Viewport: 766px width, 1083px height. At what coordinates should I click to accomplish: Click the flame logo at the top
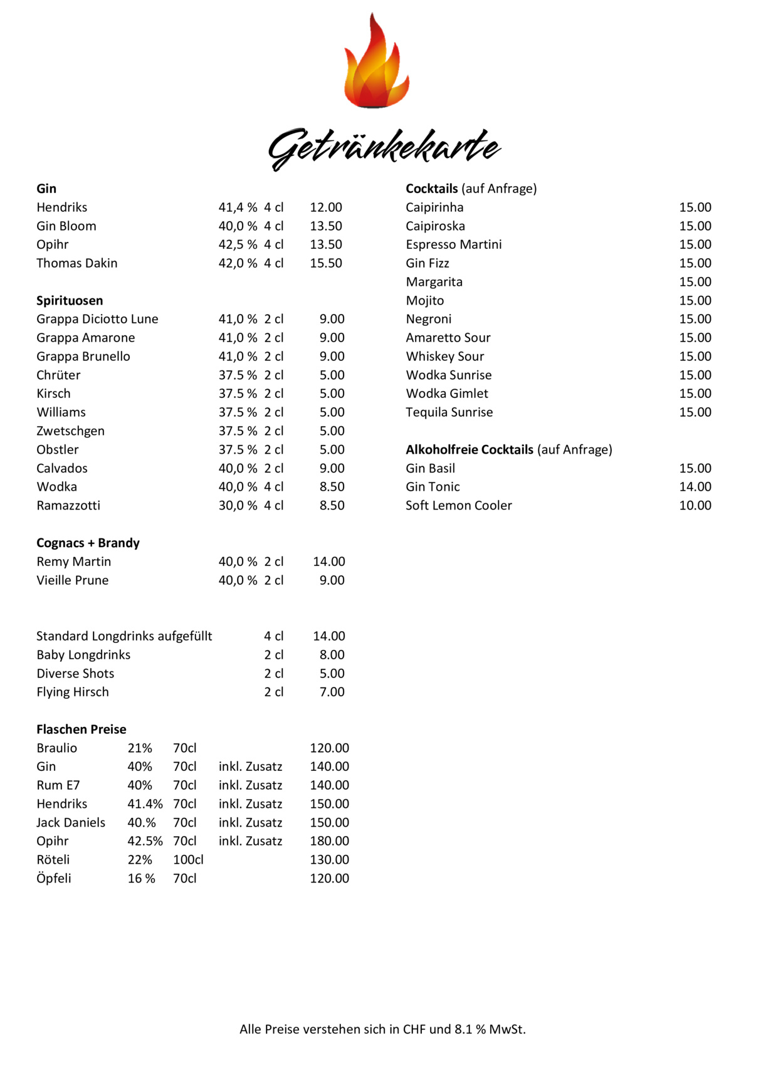point(376,63)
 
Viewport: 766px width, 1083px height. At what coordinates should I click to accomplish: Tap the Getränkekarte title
point(384,149)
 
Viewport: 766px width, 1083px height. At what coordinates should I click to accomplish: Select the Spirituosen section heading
point(70,301)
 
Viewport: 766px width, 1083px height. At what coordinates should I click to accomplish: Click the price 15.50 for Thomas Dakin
point(326,263)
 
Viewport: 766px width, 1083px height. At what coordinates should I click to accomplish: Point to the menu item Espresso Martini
point(453,244)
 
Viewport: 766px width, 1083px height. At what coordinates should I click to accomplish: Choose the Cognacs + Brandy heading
point(88,543)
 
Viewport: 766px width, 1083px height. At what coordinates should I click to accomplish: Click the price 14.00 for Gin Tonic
point(695,487)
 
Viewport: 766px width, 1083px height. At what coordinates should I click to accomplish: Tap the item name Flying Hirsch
point(73,692)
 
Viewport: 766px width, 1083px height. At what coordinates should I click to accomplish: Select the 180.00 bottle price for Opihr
point(329,841)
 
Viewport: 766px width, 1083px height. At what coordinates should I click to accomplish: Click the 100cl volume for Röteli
point(188,860)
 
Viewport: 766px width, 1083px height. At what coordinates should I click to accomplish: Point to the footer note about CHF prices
point(382,1029)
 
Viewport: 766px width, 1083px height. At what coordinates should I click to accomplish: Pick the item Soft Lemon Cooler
point(458,506)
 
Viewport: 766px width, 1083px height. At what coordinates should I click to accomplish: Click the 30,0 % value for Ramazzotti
point(238,506)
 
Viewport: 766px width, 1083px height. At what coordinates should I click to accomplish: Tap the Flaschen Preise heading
point(81,730)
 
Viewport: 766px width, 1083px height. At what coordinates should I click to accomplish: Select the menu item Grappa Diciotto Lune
point(97,319)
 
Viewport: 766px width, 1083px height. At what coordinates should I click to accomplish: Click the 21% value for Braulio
point(140,748)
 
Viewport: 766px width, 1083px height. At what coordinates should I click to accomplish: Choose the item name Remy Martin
point(73,562)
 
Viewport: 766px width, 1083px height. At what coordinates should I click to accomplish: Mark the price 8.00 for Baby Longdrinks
point(332,655)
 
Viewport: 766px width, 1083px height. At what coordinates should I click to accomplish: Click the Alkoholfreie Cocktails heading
point(470,450)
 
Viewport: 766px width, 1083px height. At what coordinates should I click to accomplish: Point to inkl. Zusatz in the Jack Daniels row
point(250,823)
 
